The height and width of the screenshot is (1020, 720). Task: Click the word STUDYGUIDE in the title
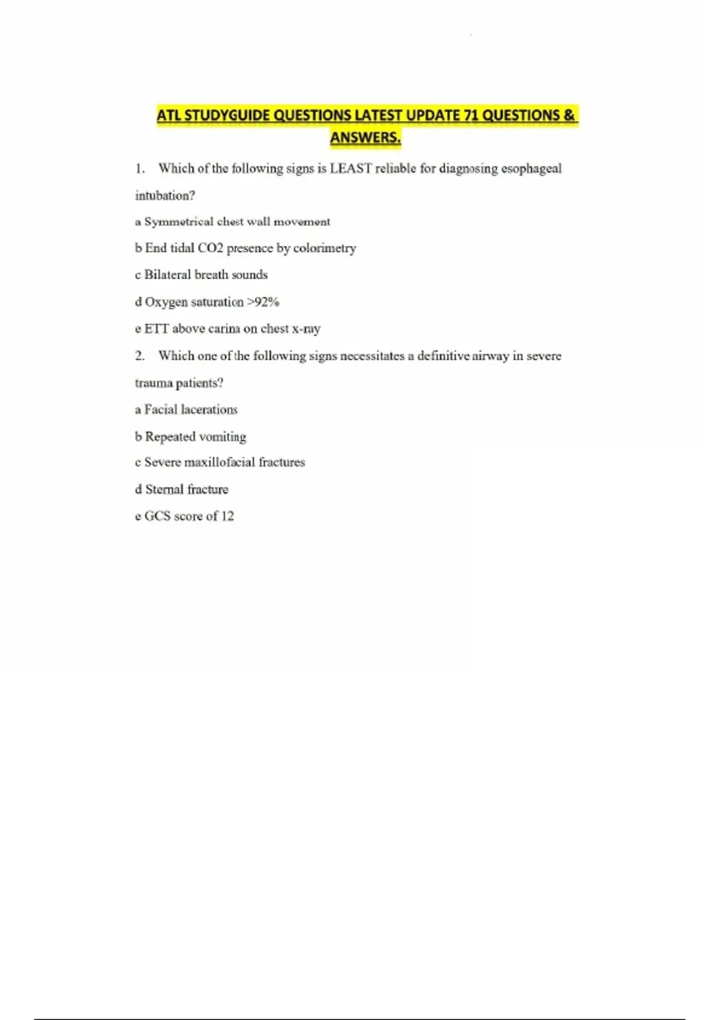pos(226,115)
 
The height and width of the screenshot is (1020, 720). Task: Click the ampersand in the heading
pos(569,115)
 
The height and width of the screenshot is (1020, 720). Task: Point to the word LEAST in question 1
pos(350,169)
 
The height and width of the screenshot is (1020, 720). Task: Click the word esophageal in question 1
pos(531,169)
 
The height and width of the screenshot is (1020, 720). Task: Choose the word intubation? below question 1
pos(165,196)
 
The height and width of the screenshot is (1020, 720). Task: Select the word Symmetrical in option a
pos(179,222)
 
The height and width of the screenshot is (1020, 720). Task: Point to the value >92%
pos(263,302)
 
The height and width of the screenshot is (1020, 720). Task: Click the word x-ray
pos(306,329)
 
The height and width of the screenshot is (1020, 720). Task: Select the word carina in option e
pos(224,329)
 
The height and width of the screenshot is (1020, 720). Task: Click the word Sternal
pos(164,490)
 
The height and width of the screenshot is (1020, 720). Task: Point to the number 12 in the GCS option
pos(227,516)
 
